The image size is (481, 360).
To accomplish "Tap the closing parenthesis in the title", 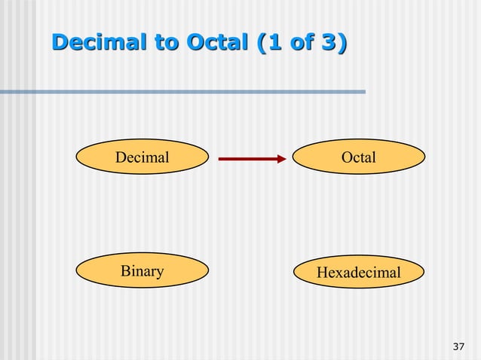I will point(342,44).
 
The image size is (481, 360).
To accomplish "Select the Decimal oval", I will point(142,157).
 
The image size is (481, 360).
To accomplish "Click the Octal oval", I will point(358,157).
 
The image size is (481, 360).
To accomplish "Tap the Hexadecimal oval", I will point(358,272).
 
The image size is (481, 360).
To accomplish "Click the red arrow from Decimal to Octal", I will point(249,158).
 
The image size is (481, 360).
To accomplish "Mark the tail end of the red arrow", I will point(221,158).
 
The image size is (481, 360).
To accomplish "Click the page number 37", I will point(458,346).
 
